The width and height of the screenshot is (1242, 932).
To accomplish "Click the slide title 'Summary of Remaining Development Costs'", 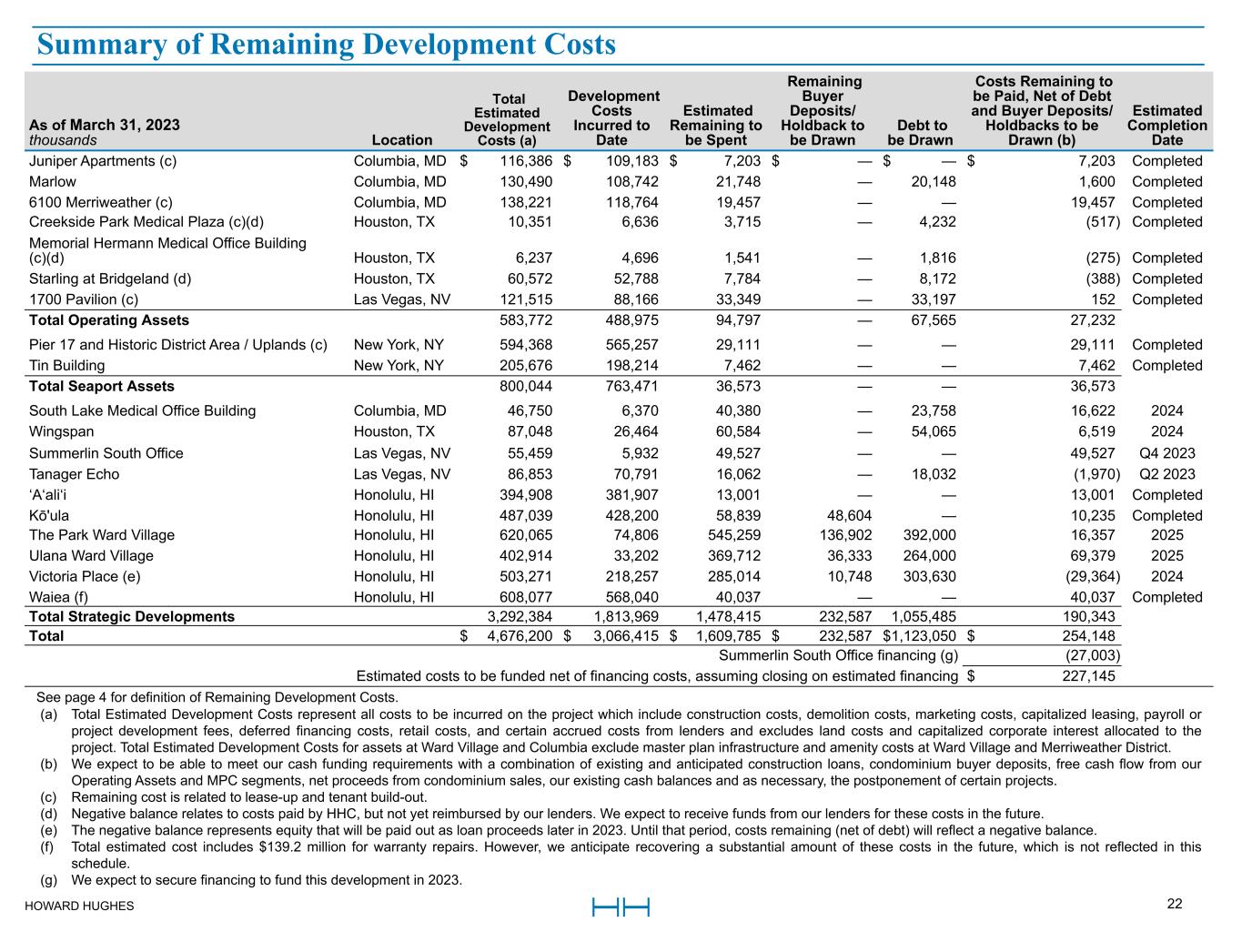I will click(325, 45).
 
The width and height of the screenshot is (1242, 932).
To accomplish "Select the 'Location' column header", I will click(402, 140).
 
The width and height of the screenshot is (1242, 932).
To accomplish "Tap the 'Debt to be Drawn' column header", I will click(920, 133).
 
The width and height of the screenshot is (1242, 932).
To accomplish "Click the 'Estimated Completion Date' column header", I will click(1166, 126).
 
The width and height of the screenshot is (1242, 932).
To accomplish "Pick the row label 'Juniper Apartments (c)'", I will click(103, 161).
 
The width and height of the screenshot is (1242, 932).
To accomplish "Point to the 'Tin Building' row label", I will click(66, 366).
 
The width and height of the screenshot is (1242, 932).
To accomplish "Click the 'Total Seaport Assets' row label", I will click(102, 387).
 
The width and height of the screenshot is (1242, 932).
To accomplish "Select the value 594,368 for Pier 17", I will click(526, 345).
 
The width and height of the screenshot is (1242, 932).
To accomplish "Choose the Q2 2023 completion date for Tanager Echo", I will click(1167, 474).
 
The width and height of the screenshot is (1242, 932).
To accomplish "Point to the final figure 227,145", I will click(1088, 676).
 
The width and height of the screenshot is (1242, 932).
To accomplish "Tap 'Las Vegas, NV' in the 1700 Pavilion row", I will click(401, 299).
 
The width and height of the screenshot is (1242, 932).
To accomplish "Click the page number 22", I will click(1175, 904).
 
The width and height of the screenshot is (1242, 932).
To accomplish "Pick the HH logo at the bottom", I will click(621, 907).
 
